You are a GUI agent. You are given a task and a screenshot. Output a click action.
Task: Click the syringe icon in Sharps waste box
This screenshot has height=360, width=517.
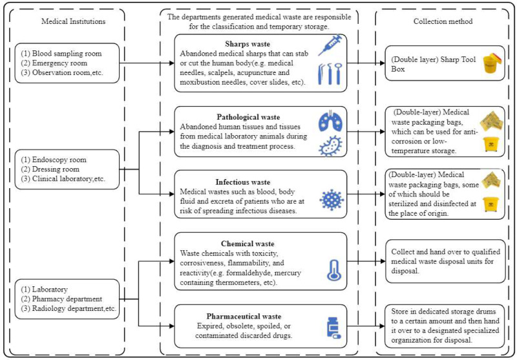(330, 46)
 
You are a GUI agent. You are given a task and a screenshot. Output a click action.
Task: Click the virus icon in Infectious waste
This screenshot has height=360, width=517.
(332, 200)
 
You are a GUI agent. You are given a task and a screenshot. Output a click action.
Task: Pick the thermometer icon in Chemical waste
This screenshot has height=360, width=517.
(333, 270)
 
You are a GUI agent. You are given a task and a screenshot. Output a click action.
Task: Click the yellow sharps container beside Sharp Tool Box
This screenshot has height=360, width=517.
(492, 63)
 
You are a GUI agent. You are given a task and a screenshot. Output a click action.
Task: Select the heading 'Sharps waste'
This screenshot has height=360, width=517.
(248, 44)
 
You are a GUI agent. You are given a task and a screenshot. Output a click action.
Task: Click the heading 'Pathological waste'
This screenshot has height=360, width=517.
(248, 117)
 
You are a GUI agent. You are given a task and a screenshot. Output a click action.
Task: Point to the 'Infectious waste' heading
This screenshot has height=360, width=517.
(243, 182)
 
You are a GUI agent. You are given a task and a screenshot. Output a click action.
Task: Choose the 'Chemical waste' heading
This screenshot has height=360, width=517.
(248, 244)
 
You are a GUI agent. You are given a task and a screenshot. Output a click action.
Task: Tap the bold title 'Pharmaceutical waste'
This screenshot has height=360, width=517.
(244, 316)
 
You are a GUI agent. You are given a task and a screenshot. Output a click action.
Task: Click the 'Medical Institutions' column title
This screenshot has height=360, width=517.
(74, 21)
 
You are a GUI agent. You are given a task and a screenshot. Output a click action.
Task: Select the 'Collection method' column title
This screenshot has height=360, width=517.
(443, 21)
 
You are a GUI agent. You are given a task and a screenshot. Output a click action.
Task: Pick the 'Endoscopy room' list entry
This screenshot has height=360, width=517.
(59, 160)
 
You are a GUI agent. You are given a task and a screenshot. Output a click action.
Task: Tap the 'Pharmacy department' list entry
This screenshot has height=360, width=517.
(67, 299)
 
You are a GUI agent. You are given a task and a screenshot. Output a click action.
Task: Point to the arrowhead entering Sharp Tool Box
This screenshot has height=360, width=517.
(382, 63)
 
